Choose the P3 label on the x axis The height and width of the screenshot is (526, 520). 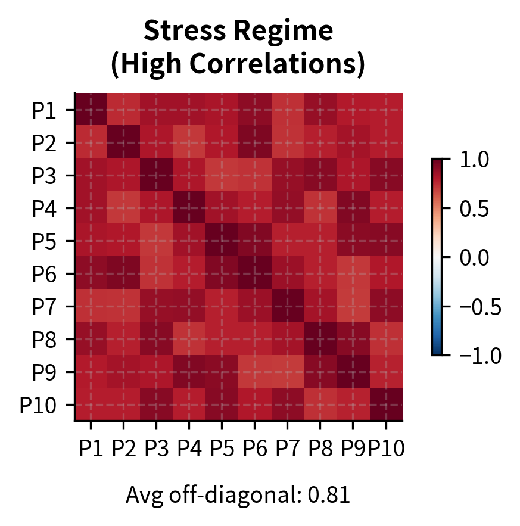pyautogui.click(x=156, y=448)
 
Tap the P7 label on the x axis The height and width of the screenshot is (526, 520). pyautogui.click(x=287, y=448)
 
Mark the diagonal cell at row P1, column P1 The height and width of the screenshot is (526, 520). pyautogui.click(x=91, y=110)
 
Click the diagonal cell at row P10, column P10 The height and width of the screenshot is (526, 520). pyautogui.click(x=386, y=404)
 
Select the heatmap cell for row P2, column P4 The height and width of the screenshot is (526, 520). pyautogui.click(x=189, y=142)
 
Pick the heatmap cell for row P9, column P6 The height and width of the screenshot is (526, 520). pyautogui.click(x=255, y=372)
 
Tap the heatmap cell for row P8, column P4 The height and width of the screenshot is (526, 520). pyautogui.click(x=189, y=339)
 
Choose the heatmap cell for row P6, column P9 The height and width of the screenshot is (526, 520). pyautogui.click(x=353, y=273)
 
